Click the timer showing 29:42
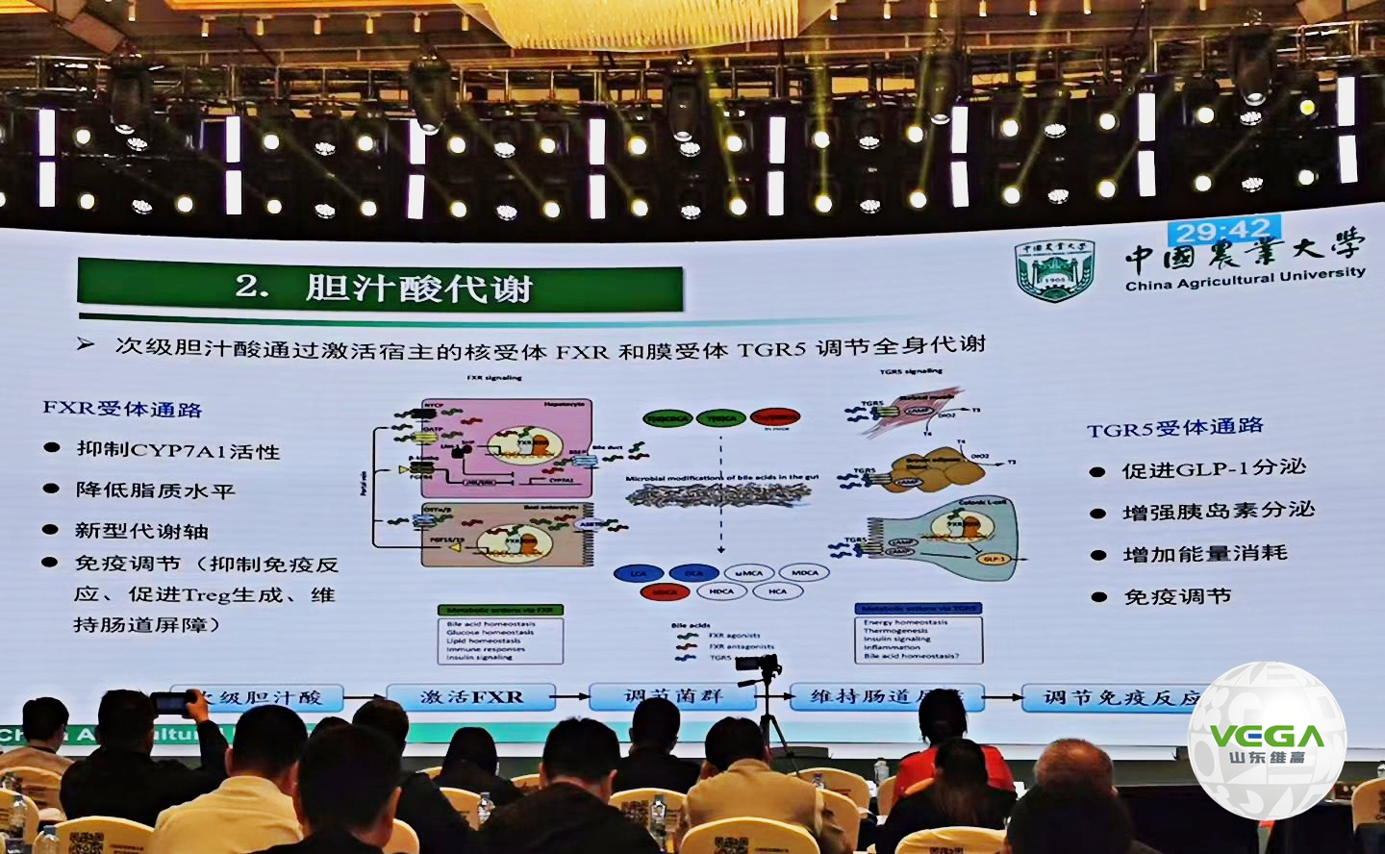point(1222,232)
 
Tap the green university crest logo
point(1054,270)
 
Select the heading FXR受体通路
point(122,409)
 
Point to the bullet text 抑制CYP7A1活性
point(178,450)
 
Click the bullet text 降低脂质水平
point(155,490)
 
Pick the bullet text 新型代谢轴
point(141,531)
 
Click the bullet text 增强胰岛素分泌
point(1218,511)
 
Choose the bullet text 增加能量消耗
point(1204,554)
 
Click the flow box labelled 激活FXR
point(471,696)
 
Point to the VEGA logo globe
point(1267,740)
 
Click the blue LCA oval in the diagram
point(638,573)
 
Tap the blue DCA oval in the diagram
point(693,573)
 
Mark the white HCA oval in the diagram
point(777,591)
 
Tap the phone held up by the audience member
point(172,704)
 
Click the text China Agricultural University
point(1245,279)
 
